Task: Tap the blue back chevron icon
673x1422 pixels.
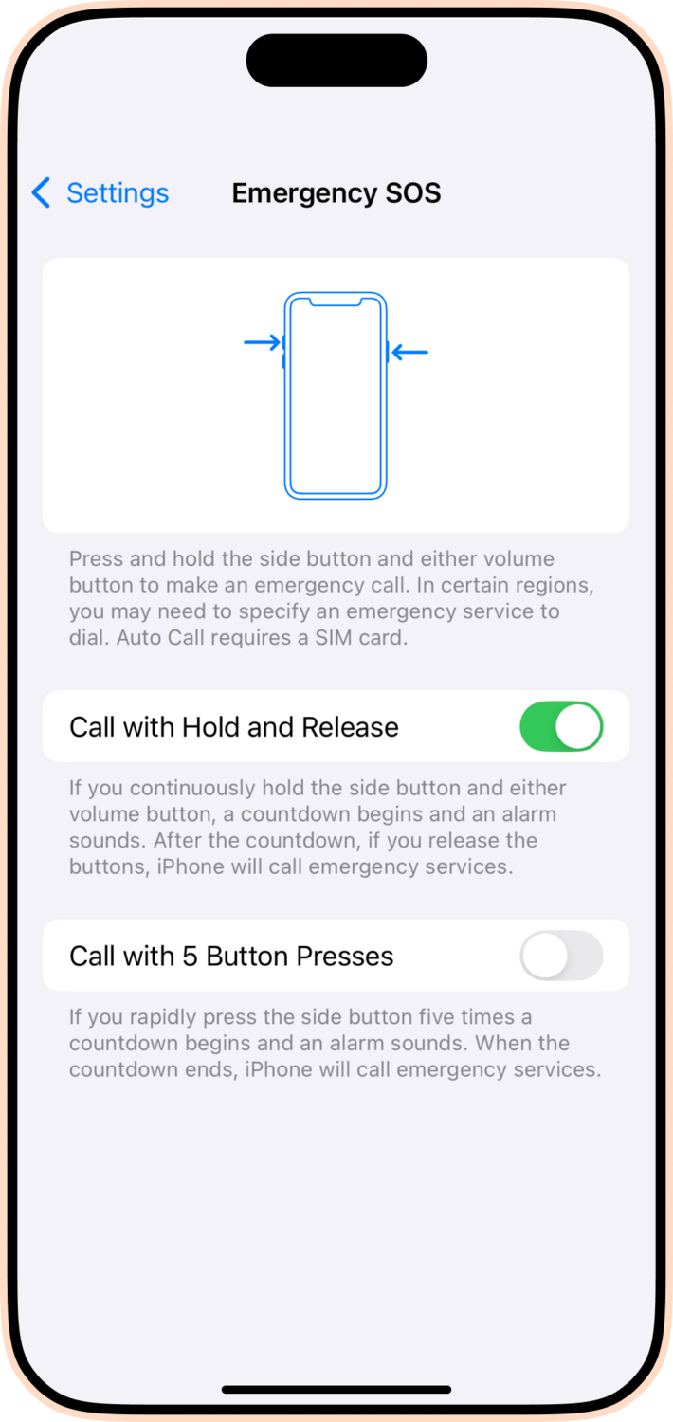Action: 41,193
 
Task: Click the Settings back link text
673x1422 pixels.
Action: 118,193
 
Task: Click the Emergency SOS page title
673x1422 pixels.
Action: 336,193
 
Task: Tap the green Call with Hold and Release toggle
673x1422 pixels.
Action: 561,727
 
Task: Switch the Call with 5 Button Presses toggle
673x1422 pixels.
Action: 561,956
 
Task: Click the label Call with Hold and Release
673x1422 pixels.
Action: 234,727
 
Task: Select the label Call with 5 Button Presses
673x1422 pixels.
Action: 231,956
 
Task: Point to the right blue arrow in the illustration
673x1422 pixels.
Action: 410,353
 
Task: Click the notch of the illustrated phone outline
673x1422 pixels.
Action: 336,303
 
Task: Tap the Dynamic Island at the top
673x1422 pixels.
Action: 336,61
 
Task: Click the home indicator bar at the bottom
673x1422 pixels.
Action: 336,1390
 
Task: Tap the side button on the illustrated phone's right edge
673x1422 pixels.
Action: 388,352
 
